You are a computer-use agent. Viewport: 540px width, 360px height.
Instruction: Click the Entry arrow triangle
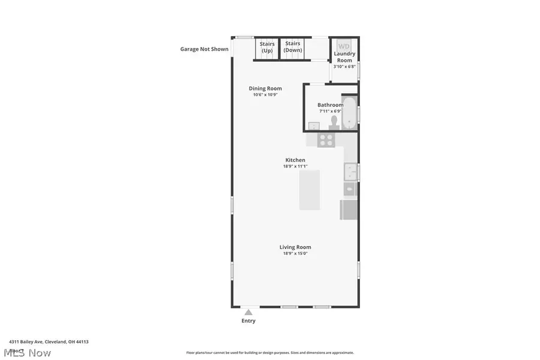[248, 311]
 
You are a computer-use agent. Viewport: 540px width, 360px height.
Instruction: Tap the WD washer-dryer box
[344, 46]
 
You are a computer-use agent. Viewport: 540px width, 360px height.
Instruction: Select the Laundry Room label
[344, 57]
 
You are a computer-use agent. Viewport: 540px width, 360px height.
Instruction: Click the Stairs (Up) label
[267, 47]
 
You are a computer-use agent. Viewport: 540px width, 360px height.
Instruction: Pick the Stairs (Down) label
[293, 47]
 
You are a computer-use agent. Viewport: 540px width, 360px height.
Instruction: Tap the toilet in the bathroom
[334, 122]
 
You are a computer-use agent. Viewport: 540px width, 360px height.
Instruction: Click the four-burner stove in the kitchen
[326, 140]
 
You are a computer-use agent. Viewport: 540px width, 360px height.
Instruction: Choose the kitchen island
[310, 190]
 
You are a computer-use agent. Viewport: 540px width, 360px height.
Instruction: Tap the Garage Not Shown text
[205, 49]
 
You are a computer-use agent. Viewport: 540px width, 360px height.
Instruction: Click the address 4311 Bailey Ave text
[48, 342]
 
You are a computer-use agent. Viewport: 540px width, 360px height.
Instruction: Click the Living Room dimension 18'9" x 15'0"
[295, 254]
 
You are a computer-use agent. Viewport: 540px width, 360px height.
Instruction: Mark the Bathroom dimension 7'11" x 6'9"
[330, 112]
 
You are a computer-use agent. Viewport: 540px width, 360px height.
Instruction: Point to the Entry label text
[248, 321]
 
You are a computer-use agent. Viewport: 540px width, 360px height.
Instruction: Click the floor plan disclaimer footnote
[270, 353]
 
